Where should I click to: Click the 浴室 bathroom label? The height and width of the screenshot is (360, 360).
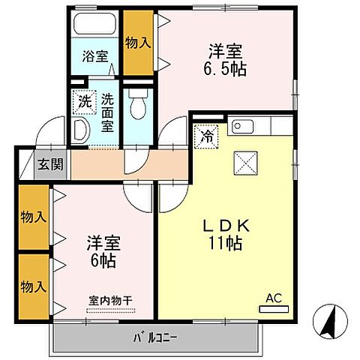[94, 55]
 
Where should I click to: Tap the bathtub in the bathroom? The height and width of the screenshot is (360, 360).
[94, 25]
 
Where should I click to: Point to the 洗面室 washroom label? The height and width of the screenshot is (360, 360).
[107, 111]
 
